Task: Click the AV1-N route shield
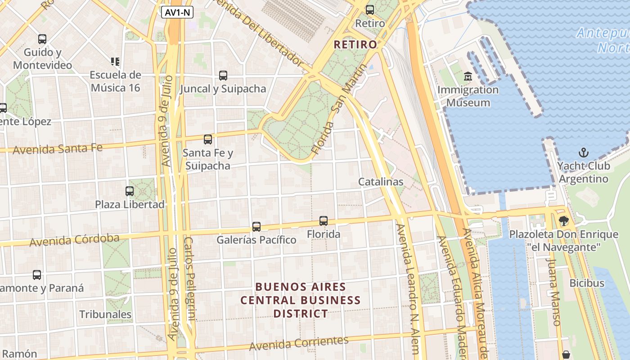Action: tap(177, 13)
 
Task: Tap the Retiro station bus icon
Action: tap(370, 9)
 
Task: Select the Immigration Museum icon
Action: tap(468, 76)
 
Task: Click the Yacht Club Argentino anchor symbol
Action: tap(584, 152)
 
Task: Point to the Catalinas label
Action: tap(381, 182)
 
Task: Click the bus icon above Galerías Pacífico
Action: tap(256, 226)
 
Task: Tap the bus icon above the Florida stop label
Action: tap(324, 221)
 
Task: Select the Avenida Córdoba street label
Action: tap(74, 240)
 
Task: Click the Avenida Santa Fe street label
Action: tap(58, 148)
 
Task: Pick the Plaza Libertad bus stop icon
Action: tap(130, 191)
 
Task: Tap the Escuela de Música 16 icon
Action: tap(115, 61)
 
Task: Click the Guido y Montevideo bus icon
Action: tap(42, 39)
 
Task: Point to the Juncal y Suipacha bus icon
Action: tap(223, 76)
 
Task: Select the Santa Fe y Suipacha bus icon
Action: tap(207, 139)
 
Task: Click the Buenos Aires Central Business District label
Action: tap(301, 300)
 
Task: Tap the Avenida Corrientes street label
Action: tap(299, 343)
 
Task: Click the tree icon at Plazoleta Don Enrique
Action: tap(563, 220)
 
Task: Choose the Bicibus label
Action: tap(587, 283)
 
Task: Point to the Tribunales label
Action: tap(106, 314)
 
